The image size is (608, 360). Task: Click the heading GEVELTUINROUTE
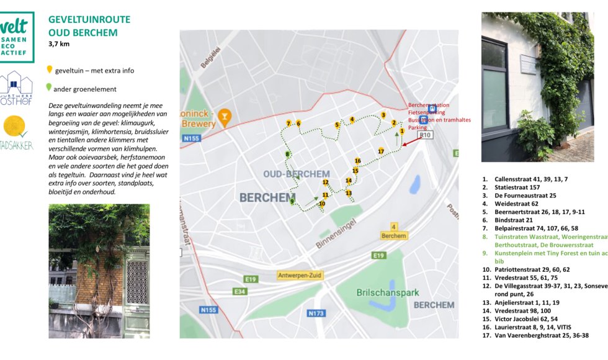89,19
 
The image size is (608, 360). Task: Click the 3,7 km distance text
59,45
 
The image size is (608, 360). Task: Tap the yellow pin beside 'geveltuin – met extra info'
50,70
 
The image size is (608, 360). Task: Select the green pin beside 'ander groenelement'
50,88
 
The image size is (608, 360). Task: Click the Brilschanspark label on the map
388,292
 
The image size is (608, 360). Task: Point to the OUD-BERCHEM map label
287,174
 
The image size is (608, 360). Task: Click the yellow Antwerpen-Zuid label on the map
300,275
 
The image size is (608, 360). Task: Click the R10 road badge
425,135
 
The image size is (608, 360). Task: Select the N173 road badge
316,313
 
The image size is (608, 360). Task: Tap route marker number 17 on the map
381,151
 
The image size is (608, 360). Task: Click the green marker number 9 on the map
292,201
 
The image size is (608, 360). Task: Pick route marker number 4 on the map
352,120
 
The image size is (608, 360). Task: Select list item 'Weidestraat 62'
516,204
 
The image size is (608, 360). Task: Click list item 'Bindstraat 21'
514,220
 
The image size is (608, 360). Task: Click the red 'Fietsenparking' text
426,112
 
